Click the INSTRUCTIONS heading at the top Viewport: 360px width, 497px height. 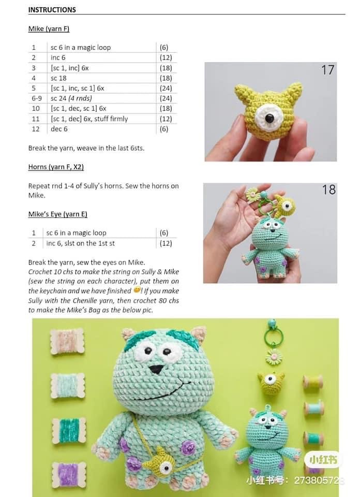[52, 10]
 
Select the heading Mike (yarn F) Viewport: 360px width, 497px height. [49, 29]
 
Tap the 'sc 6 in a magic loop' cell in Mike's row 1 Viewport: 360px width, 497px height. [81, 47]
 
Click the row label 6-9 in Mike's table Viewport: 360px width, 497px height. [36, 98]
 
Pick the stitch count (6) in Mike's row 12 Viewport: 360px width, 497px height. [164, 128]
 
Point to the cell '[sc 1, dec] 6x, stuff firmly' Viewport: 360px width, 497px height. [89, 119]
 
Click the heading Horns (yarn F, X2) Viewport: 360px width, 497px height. [56, 167]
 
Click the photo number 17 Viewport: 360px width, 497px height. [328, 70]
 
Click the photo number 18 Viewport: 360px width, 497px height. [329, 189]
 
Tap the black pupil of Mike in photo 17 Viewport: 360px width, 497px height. [269, 119]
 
